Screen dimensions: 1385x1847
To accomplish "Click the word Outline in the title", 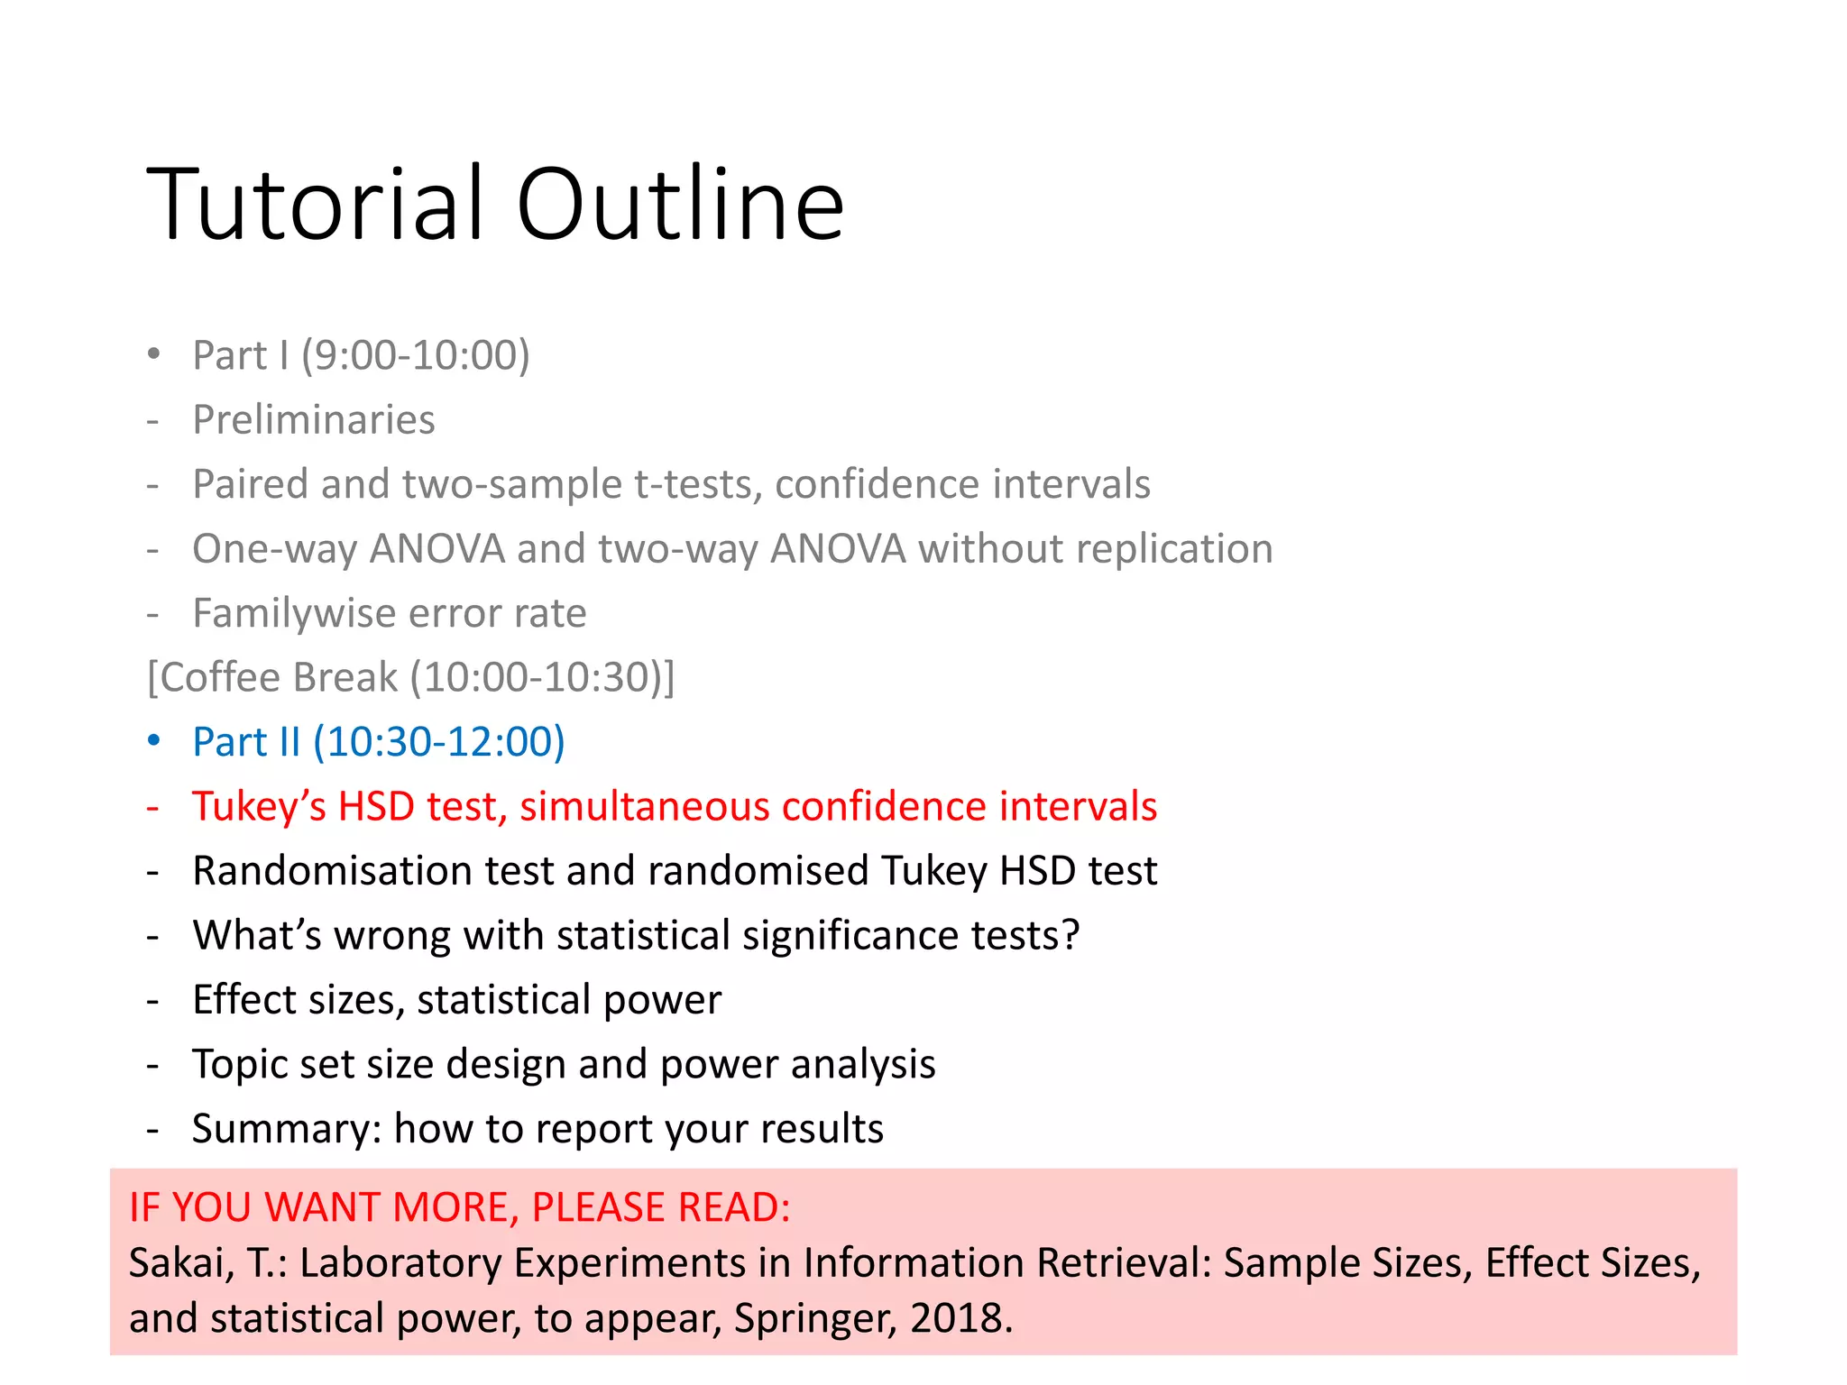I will coord(680,206).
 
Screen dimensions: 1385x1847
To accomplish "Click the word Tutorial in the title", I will coord(320,206).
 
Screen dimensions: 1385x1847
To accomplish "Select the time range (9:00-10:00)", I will coord(415,355).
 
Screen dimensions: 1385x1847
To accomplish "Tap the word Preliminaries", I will coord(314,420).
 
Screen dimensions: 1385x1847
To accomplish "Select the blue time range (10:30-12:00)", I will coord(438,742).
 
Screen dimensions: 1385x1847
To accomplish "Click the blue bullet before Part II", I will coord(154,741).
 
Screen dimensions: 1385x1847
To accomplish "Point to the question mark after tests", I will coord(1071,936).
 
